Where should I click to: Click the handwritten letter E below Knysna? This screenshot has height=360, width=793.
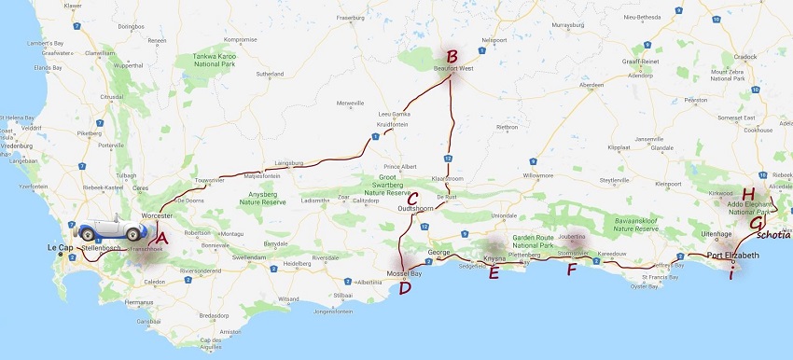point(494,272)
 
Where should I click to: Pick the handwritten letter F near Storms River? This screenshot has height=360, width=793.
point(572,270)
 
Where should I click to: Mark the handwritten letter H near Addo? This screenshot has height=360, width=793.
point(747,194)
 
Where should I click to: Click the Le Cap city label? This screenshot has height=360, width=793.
point(60,247)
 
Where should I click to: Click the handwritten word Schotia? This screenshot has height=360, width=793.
point(772,234)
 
